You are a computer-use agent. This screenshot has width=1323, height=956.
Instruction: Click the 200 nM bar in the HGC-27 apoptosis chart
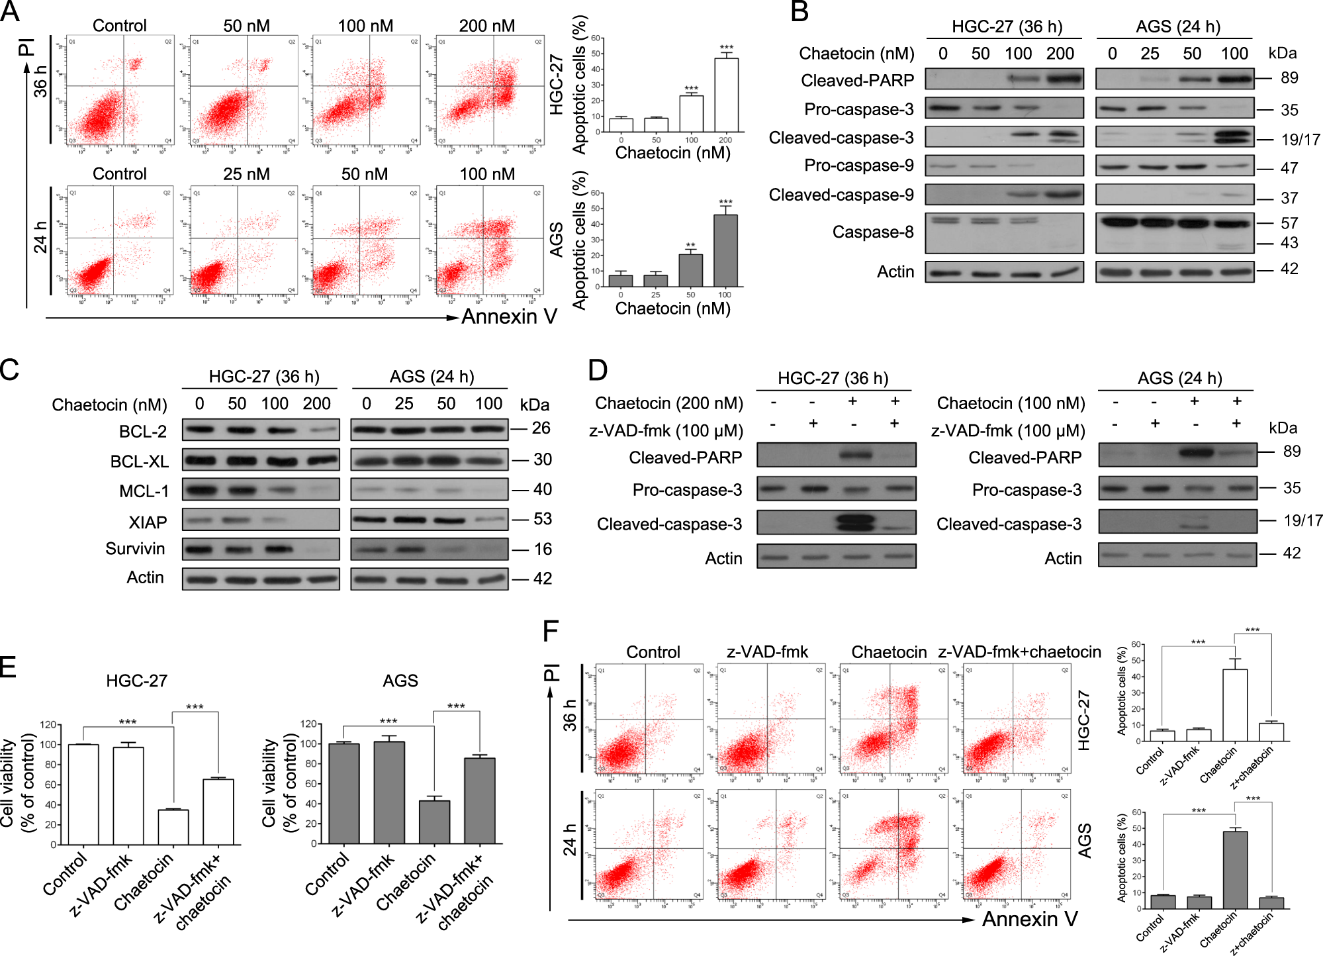click(726, 95)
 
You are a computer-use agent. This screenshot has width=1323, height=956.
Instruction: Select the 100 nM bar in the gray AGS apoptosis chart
click(725, 251)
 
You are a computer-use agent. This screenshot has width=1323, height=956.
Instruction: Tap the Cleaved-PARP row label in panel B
click(857, 81)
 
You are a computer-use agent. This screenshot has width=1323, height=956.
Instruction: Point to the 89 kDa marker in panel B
click(1289, 78)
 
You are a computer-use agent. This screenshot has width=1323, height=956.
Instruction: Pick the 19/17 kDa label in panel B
click(1300, 140)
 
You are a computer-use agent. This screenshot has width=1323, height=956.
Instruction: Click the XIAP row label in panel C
click(148, 522)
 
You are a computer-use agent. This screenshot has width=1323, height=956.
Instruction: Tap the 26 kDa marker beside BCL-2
click(541, 428)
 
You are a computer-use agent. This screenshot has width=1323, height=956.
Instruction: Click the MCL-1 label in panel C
click(144, 491)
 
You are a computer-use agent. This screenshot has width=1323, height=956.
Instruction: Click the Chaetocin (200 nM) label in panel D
click(668, 403)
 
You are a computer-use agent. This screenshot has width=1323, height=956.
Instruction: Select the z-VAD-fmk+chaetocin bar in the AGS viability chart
click(479, 801)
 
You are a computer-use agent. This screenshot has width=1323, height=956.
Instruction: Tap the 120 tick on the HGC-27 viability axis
click(48, 725)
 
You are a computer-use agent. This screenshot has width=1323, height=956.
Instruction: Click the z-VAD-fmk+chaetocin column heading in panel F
click(1019, 652)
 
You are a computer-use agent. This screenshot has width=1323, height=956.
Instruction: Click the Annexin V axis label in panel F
click(1029, 919)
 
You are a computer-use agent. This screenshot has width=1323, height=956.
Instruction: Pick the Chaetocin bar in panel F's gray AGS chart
click(1235, 870)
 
